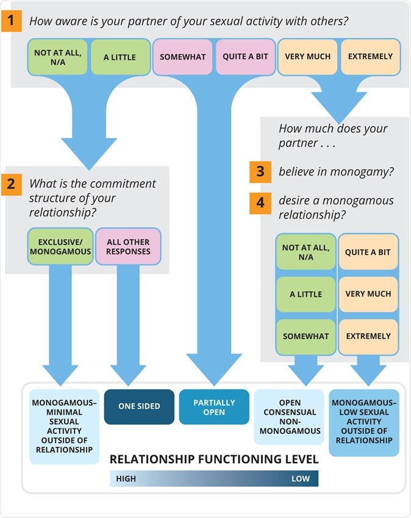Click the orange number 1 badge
(x=12, y=21)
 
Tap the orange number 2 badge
(x=12, y=183)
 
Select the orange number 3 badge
(x=260, y=171)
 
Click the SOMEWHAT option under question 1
(x=183, y=57)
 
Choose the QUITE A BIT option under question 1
(x=245, y=57)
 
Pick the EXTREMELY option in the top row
(x=370, y=57)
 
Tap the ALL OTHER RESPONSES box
(x=128, y=246)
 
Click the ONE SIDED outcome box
(x=139, y=406)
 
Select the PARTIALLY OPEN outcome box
(x=214, y=407)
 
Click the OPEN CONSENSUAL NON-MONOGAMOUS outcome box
(x=289, y=417)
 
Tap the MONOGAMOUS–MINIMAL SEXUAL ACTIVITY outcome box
(x=64, y=426)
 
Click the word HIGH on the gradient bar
(x=126, y=478)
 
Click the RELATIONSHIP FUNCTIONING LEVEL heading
(x=214, y=459)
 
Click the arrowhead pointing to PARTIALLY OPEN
(x=214, y=369)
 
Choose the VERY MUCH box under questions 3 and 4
(x=368, y=294)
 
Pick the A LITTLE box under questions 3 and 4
(x=306, y=294)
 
